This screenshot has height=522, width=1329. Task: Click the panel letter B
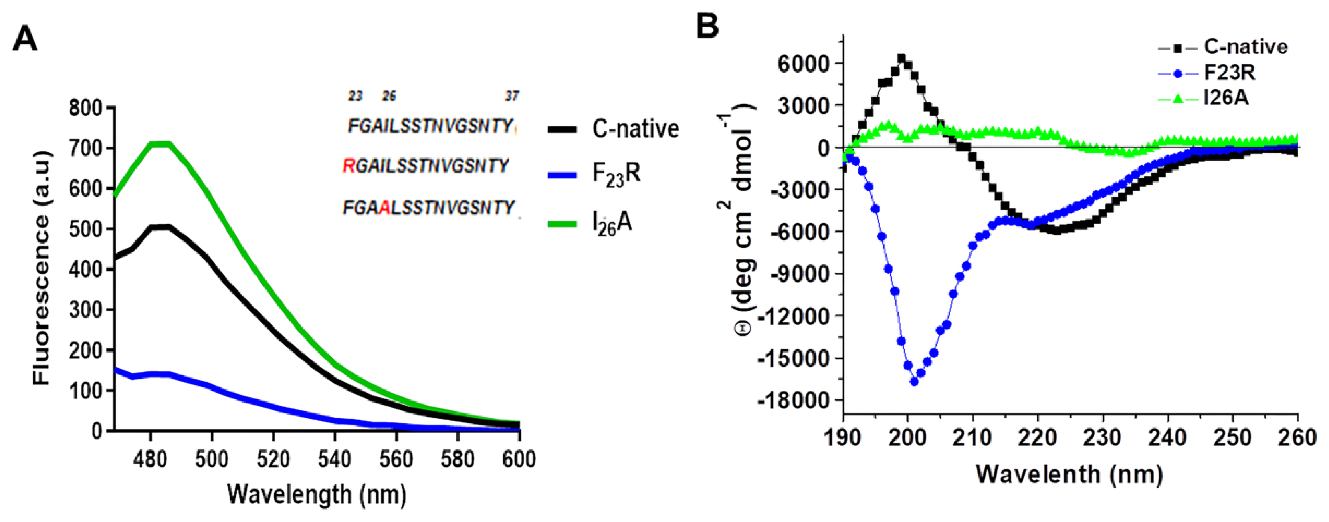click(x=707, y=25)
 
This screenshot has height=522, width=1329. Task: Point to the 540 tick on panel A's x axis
click(x=334, y=459)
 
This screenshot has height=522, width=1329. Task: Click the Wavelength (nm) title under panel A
click(x=317, y=494)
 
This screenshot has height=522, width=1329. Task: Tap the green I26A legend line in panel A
click(x=561, y=224)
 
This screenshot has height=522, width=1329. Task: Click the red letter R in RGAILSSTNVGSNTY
click(x=349, y=166)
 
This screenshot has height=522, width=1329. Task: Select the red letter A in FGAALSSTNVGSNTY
click(x=384, y=208)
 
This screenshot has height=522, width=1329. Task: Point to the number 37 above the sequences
click(x=511, y=96)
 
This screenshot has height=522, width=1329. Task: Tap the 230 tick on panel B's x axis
click(x=1103, y=438)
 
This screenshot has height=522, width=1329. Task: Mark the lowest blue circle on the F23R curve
click(x=914, y=382)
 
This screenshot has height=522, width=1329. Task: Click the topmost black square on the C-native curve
click(x=901, y=58)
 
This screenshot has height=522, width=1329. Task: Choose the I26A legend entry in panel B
click(x=1226, y=97)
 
